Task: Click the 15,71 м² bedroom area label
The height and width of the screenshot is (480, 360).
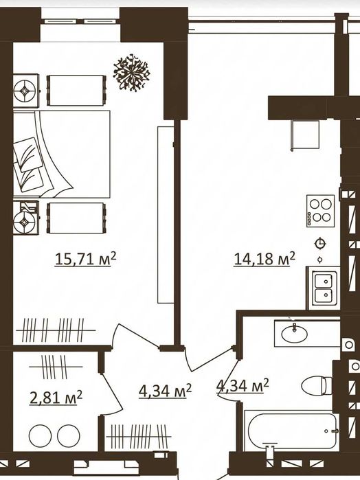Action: pyautogui.click(x=85, y=260)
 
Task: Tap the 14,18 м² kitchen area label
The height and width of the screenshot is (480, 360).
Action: pyautogui.click(x=265, y=260)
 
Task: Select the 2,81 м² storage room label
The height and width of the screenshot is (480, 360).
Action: pyautogui.click(x=56, y=398)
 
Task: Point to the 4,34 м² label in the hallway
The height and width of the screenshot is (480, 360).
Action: pyautogui.click(x=165, y=391)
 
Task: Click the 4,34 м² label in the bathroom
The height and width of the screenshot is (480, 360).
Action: pyautogui.click(x=243, y=386)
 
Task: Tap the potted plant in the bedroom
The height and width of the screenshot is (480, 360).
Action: pyautogui.click(x=131, y=73)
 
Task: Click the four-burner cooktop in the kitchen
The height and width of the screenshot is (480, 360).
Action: pyautogui.click(x=320, y=211)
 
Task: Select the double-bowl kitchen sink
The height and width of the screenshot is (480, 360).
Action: pyautogui.click(x=324, y=288)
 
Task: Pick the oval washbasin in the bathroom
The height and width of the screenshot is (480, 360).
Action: pyautogui.click(x=294, y=334)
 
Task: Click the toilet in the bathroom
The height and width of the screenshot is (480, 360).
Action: pyautogui.click(x=317, y=385)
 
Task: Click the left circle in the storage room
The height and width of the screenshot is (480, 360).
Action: pyautogui.click(x=41, y=435)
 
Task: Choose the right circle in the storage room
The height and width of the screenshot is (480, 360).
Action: pyautogui.click(x=69, y=435)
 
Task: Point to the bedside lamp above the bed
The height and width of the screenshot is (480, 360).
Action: pyautogui.click(x=25, y=91)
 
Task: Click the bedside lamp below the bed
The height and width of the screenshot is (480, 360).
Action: pyautogui.click(x=25, y=218)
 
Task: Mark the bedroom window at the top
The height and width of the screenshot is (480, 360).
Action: pyautogui.click(x=80, y=21)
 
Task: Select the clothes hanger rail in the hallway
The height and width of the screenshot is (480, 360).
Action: pyautogui.click(x=139, y=436)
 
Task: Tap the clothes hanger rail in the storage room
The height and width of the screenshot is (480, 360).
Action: pyautogui.click(x=56, y=367)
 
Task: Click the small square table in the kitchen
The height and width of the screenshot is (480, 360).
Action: pyautogui.click(x=305, y=135)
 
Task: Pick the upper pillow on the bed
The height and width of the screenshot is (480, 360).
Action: pyautogui.click(x=27, y=154)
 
